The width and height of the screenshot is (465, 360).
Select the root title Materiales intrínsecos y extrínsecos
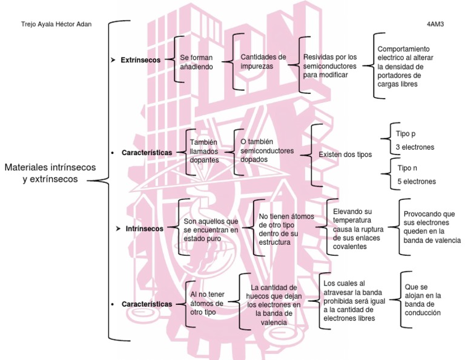(x=50, y=173)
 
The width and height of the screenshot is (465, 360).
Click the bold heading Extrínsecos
(x=140, y=60)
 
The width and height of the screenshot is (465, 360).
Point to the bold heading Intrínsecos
(x=144, y=229)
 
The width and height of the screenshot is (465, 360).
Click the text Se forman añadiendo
(x=198, y=62)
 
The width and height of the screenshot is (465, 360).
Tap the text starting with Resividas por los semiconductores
(x=330, y=65)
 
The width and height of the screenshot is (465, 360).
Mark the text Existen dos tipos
(x=345, y=155)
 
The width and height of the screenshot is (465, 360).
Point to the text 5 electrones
(x=416, y=181)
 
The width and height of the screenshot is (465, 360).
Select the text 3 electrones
(x=414, y=147)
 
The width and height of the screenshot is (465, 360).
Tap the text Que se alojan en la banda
(x=424, y=300)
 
